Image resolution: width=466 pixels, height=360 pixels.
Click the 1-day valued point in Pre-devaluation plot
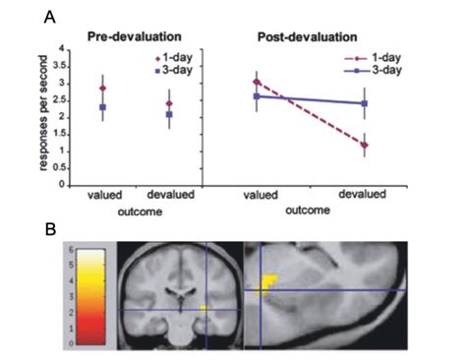coord(101,89)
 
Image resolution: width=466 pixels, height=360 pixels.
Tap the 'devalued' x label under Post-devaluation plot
coord(364,195)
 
